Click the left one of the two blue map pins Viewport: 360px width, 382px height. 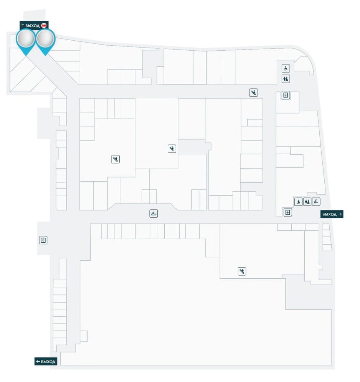(x=26, y=40)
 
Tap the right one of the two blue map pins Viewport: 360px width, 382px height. (x=45, y=40)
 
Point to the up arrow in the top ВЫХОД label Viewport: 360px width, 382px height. (x=23, y=25)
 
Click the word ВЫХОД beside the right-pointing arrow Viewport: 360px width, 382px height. (x=329, y=214)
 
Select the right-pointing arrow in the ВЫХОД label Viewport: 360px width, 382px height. (x=340, y=214)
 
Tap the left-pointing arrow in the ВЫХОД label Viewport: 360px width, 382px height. (x=38, y=362)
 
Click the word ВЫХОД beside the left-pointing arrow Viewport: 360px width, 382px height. (x=48, y=362)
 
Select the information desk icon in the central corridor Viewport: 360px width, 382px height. (x=154, y=213)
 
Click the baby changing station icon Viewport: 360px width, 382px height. (x=316, y=202)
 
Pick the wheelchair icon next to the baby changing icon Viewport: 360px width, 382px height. (x=298, y=202)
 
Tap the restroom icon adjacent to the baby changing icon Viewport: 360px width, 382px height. (x=307, y=202)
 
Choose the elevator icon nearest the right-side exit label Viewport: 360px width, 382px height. (x=288, y=212)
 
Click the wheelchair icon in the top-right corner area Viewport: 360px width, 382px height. (x=286, y=69)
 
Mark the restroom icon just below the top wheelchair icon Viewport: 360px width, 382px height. (x=286, y=79)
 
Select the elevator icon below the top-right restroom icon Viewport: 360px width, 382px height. (x=285, y=95)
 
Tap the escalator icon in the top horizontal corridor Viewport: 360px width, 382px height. (x=253, y=92)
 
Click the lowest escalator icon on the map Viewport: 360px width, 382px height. (x=241, y=271)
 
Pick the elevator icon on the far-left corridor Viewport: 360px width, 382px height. (x=43, y=240)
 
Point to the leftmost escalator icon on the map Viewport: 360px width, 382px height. (x=116, y=159)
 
